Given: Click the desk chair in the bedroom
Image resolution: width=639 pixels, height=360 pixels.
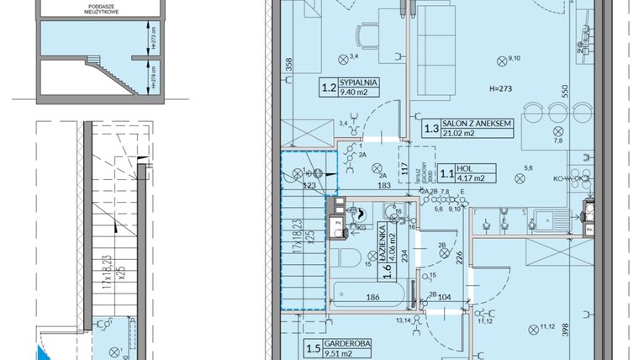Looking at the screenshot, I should (x=367, y=36).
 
